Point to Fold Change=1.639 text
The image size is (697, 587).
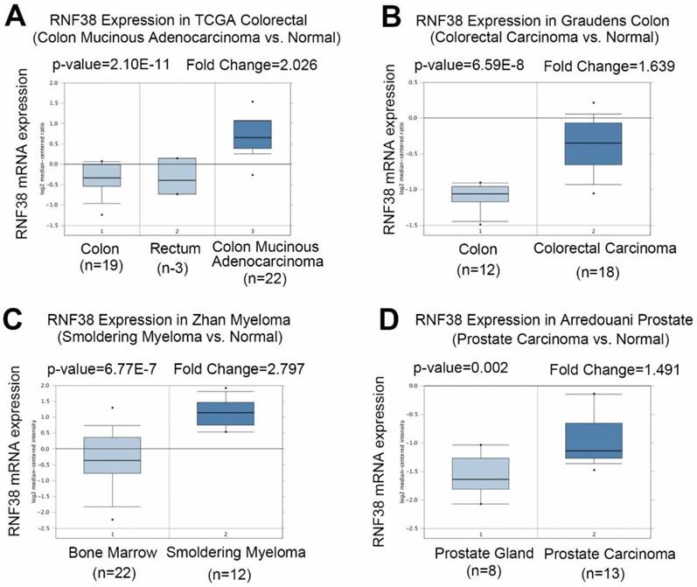[599, 66]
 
